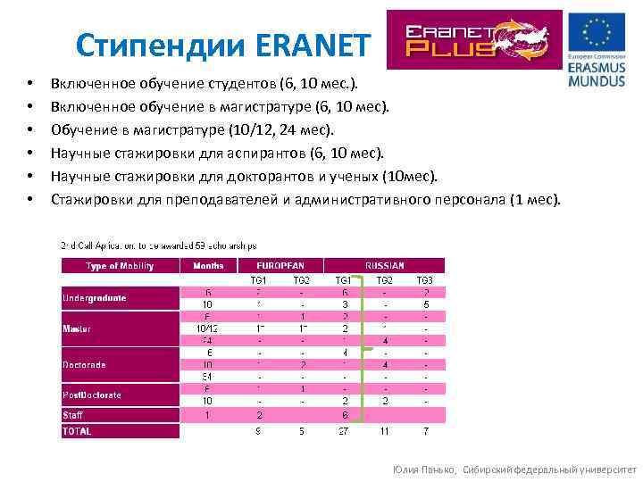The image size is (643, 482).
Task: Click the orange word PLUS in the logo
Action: [x=450, y=49]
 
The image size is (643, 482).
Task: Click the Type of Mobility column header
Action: [x=120, y=266]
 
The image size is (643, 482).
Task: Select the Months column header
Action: [x=207, y=266]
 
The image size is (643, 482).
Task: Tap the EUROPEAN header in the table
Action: [x=280, y=266]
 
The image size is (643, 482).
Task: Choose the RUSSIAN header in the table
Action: [x=384, y=266]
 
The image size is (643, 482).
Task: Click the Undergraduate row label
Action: [x=95, y=298]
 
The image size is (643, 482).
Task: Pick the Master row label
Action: [x=77, y=329]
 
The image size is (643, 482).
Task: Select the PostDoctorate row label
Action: [x=92, y=395]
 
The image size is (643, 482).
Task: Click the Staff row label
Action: [x=73, y=415]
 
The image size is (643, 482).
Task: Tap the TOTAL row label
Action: [x=77, y=431]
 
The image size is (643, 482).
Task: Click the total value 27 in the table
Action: [x=344, y=432]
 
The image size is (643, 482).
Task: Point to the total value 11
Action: [x=385, y=432]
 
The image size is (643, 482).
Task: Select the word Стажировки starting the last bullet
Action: [x=93, y=199]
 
